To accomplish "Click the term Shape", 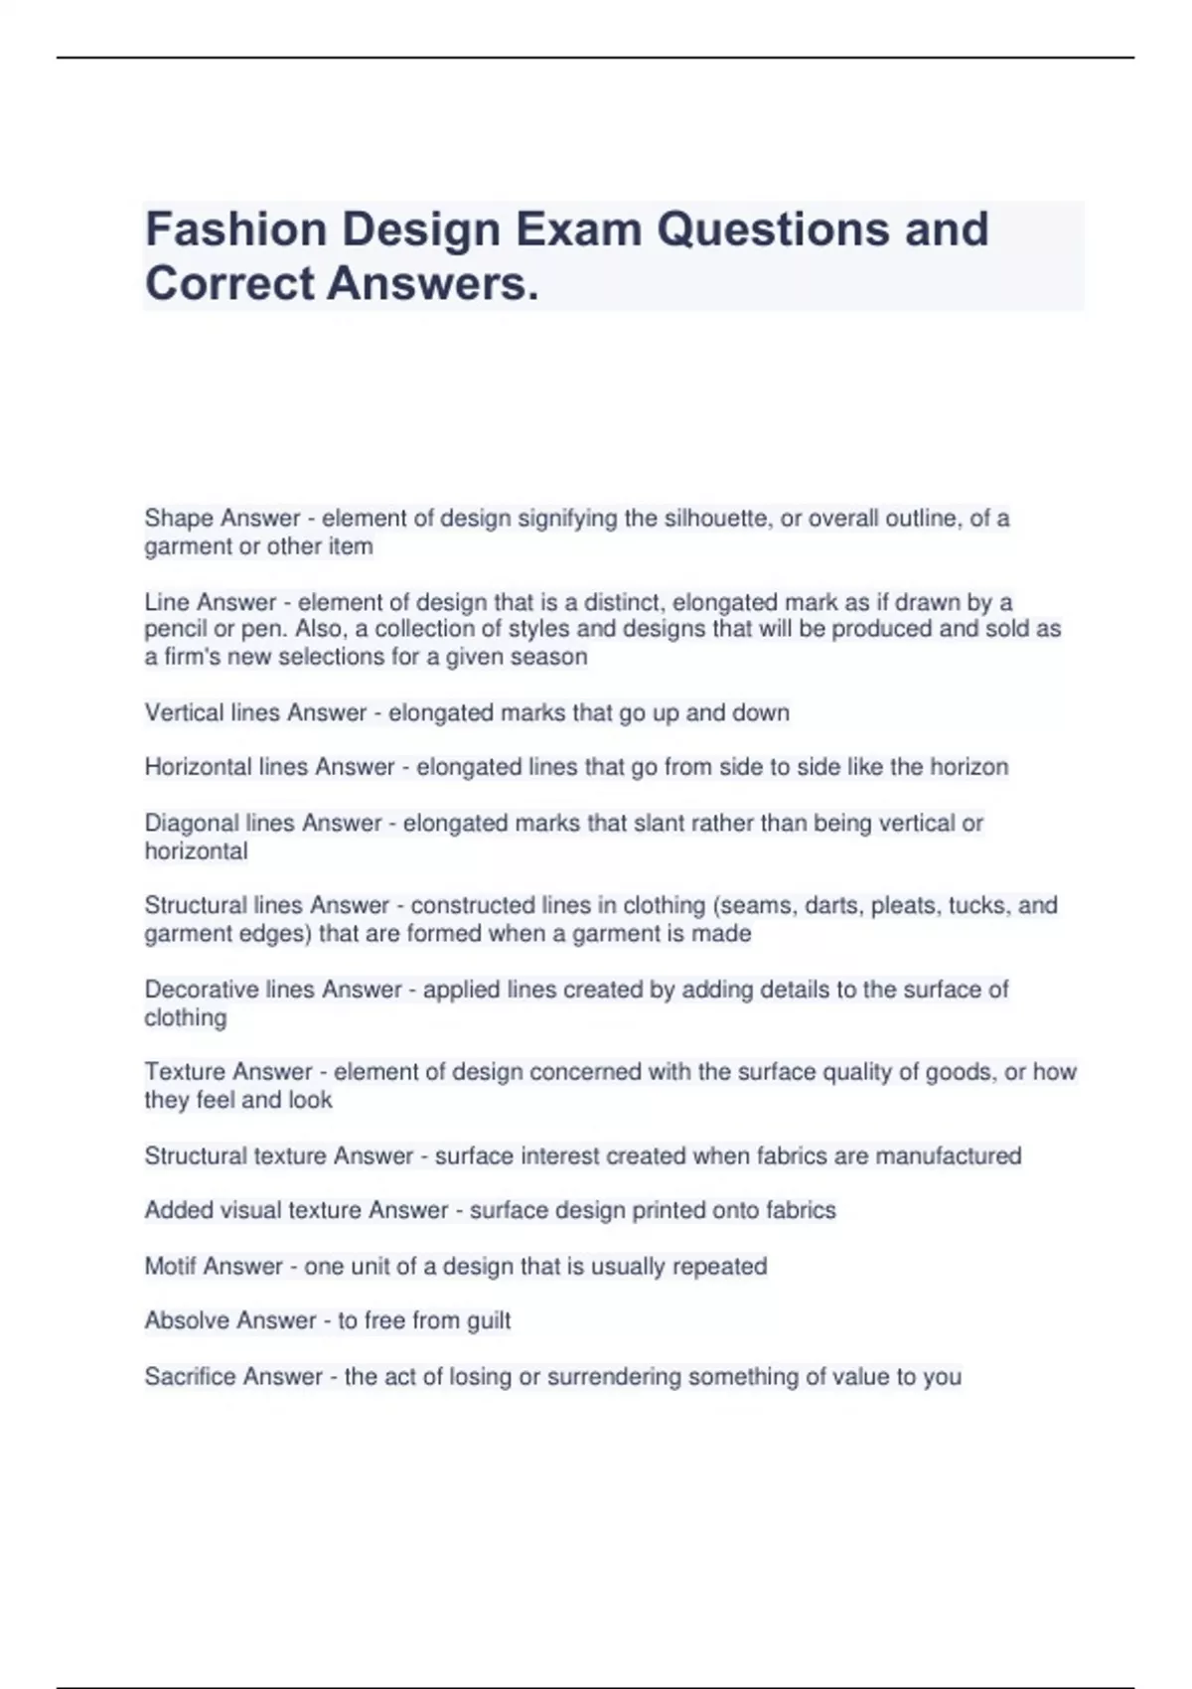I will click(x=179, y=519).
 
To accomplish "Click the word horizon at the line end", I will click(x=968, y=767).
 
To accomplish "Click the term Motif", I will click(x=170, y=1267).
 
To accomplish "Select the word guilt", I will click(x=489, y=1321).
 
